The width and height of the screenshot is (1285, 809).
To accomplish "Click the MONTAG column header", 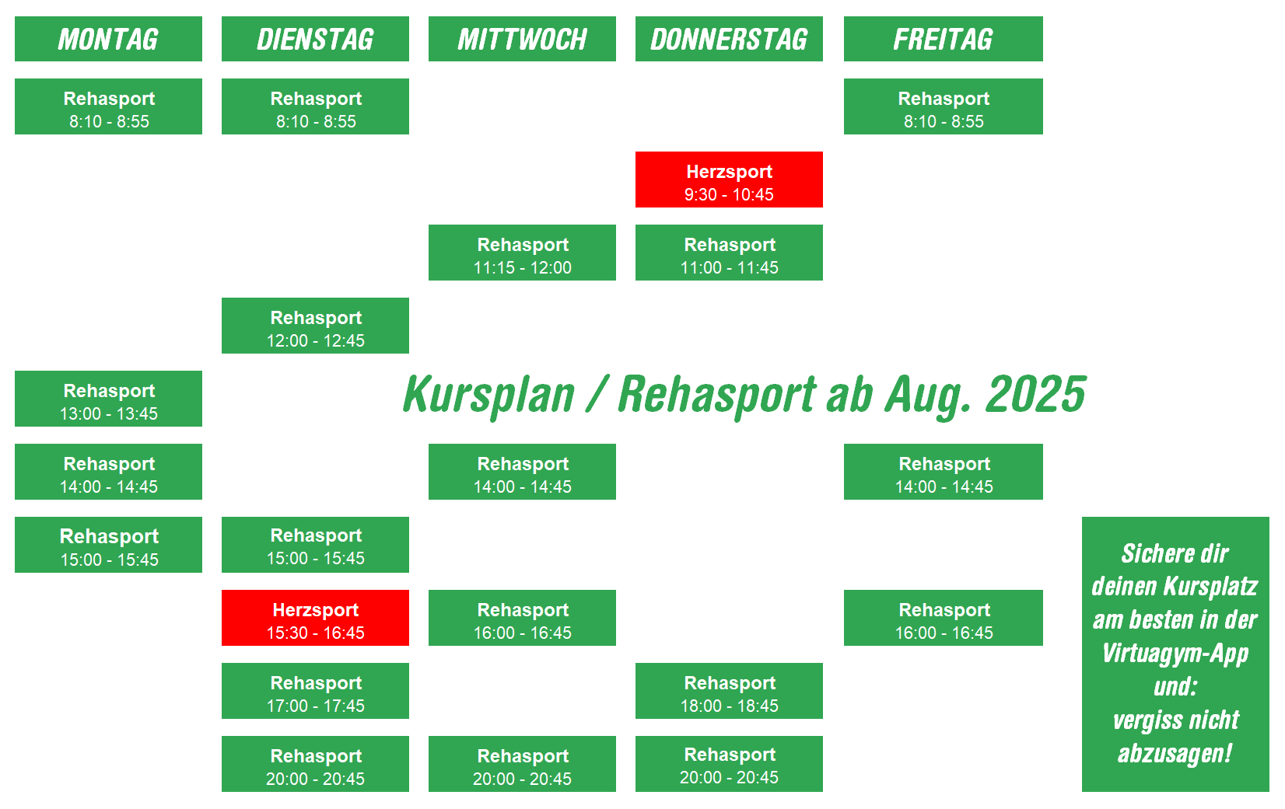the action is tap(108, 39).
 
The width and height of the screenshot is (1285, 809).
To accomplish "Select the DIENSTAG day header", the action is tap(316, 39).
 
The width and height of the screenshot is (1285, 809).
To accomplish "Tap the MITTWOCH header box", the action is tap(522, 39).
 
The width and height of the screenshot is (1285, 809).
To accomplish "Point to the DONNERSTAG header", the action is tap(729, 39).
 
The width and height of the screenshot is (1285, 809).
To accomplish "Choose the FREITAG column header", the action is tap(943, 39).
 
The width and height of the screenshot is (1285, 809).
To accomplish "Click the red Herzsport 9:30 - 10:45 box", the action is tap(729, 180).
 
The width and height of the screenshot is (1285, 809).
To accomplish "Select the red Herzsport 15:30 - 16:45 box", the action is tap(316, 618).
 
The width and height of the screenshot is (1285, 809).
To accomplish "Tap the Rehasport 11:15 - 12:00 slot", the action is tap(522, 253).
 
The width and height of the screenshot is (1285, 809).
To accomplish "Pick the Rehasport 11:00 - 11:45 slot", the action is tap(729, 253).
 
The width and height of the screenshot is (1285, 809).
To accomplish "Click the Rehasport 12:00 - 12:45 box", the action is tap(316, 326).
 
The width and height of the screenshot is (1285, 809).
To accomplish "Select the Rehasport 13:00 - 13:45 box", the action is tap(108, 399).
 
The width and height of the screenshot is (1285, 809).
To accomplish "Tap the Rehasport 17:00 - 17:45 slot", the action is tap(316, 691).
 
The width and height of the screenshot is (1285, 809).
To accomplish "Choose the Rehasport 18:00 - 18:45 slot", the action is tap(729, 691).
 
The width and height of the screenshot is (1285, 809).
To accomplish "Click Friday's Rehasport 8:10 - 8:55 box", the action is tap(943, 106).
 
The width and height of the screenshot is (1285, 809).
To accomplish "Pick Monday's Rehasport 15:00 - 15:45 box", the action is tap(108, 545).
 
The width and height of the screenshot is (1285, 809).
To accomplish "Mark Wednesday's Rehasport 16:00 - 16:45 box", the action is tap(522, 618).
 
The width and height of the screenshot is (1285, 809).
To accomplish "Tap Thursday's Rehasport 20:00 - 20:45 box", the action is tap(729, 764).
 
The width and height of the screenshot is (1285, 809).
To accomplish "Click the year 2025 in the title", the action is tap(1035, 395).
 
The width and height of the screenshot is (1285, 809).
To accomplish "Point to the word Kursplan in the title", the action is tap(488, 396).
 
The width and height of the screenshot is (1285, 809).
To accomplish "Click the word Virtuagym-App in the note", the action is tap(1175, 654).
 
